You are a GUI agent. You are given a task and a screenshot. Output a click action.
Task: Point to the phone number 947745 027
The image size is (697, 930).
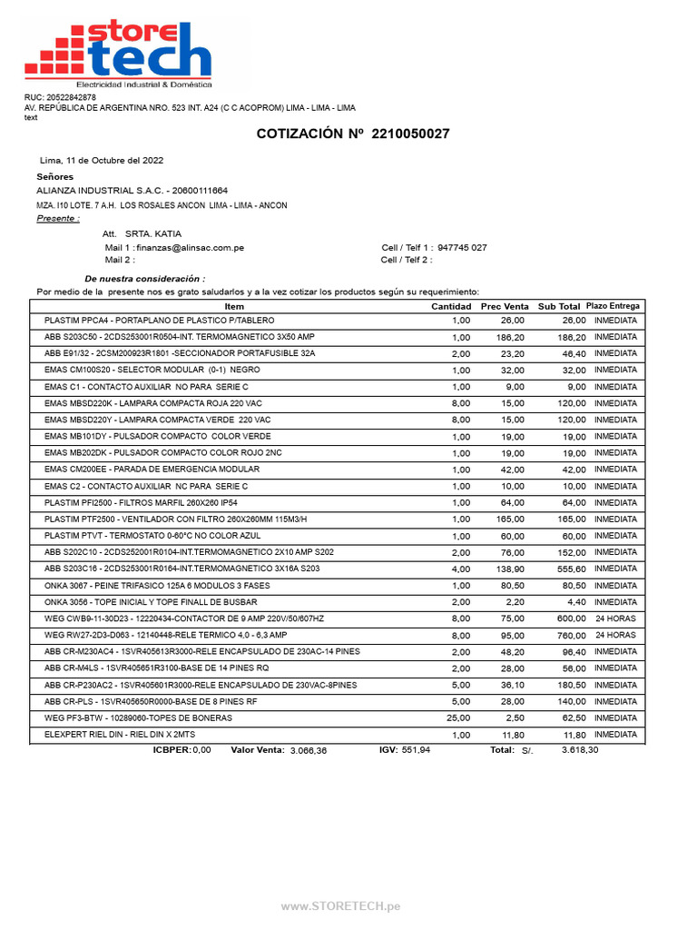[462, 247]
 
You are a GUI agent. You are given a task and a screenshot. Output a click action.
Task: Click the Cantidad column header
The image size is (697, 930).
[450, 307]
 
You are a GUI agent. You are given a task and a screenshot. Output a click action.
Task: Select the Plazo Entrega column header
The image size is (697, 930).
[614, 307]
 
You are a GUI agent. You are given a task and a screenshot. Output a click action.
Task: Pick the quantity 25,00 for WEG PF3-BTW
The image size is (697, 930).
[457, 717]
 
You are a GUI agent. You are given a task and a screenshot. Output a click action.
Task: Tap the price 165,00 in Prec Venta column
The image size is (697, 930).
[512, 519]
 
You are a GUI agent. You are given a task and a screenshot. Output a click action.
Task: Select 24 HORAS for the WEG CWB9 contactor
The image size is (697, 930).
[615, 618]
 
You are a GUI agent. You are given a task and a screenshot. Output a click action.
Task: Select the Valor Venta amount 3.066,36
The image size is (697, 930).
[308, 751]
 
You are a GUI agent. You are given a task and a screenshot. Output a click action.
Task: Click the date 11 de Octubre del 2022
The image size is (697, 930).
[102, 160]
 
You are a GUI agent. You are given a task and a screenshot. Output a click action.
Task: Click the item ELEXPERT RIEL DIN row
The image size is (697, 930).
[119, 734]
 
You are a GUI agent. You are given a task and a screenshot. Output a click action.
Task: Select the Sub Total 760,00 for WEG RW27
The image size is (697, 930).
[571, 635]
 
